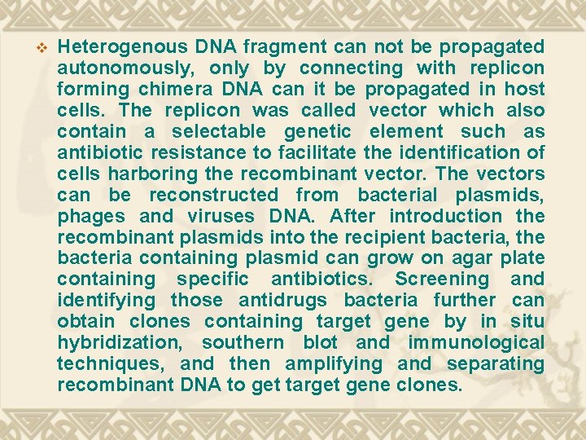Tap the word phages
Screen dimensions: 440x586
pos(91,216)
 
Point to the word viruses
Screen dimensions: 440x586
pos(220,216)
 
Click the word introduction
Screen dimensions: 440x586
pos(446,216)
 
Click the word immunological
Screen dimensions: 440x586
pos(476,343)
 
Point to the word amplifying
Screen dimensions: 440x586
pos(335,364)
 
